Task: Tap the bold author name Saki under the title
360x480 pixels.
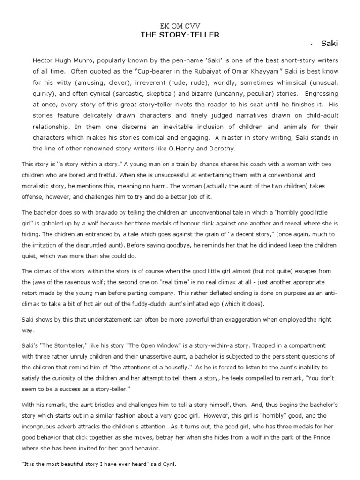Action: (x=329, y=44)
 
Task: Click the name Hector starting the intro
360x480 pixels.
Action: (x=43, y=61)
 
